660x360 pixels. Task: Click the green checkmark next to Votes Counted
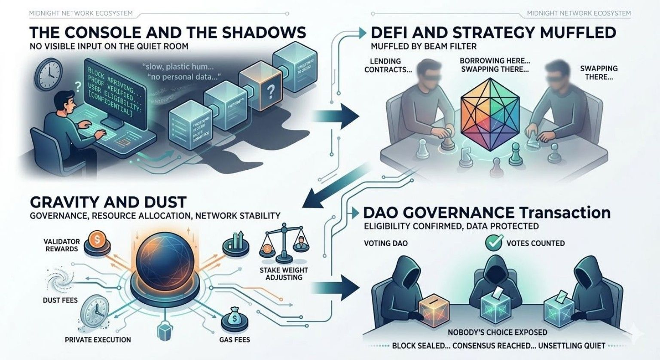494,243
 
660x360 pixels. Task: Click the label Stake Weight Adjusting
284,274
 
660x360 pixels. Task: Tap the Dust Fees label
60,300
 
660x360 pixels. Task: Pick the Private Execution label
98,339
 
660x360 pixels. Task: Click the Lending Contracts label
385,65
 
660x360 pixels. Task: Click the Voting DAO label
386,243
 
